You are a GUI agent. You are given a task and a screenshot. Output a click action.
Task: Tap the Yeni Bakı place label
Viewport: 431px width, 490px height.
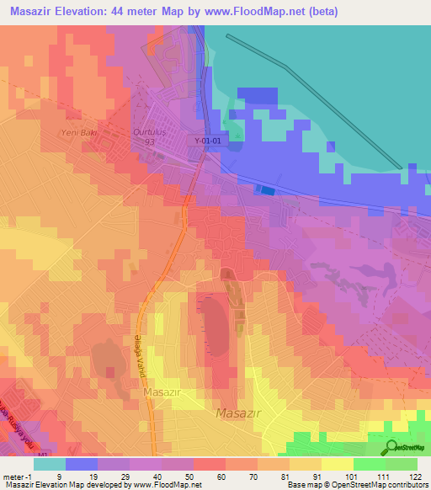click(75, 133)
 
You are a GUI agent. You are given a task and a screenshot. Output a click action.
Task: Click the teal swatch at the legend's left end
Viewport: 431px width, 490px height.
click(49, 463)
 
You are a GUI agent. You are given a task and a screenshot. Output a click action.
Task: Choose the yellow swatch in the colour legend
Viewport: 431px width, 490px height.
click(337, 463)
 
